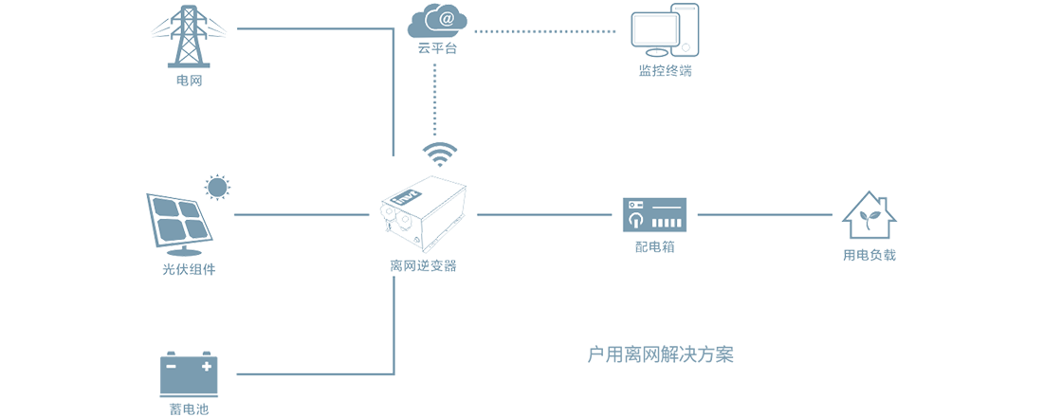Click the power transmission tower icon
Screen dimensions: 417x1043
pos(190,36)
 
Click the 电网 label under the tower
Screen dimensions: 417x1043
pos(190,80)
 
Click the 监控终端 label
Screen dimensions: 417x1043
pos(665,68)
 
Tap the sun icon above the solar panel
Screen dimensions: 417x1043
pos(218,187)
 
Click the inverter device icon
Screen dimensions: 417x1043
pos(424,213)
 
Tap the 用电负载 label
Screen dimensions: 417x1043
pos(869,255)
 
